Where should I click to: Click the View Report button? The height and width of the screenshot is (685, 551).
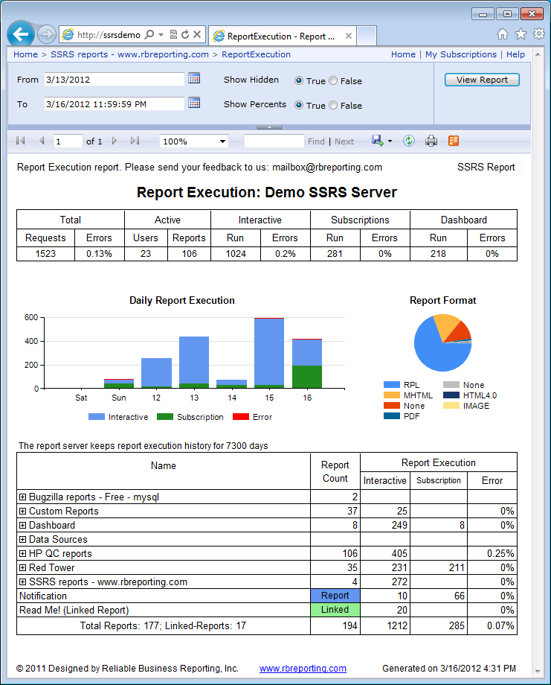coord(482,80)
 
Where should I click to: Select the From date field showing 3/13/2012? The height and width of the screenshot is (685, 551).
coord(113,79)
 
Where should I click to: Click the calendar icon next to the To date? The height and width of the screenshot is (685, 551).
coord(194,103)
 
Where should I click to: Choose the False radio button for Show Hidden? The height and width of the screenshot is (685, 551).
coord(333,81)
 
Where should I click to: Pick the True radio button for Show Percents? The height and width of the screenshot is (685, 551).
coord(299,106)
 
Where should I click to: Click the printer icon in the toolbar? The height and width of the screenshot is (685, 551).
coord(431,141)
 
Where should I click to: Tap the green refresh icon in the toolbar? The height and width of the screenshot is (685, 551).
coord(409,141)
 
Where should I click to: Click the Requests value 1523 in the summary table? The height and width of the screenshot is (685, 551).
coord(45,254)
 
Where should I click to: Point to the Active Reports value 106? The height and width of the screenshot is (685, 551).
coord(189,254)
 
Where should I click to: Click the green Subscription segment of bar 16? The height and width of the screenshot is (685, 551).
coord(307,377)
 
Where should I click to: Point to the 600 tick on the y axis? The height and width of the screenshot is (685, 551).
coord(30,317)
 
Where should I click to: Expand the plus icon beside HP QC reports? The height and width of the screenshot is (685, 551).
coord(23,554)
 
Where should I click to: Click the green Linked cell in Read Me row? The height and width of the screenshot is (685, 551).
coord(335,610)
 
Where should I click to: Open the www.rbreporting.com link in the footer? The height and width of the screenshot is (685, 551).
coord(303,669)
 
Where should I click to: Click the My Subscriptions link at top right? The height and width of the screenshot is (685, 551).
coord(460,54)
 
